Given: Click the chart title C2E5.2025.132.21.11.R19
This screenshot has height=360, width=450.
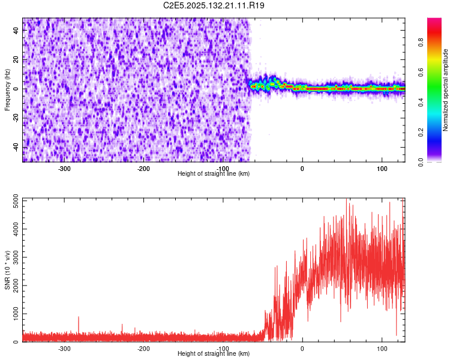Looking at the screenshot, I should pos(214,5).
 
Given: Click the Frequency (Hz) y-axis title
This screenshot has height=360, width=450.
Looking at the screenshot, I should pos(7,90).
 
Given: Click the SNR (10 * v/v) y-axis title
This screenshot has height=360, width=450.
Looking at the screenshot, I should pos(7,270).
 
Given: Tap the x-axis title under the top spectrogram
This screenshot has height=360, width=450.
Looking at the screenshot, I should pos(214,173).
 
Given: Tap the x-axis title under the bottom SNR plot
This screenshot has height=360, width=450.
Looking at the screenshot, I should pos(214,353).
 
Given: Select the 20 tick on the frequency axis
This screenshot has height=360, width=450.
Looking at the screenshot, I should pos(16,60).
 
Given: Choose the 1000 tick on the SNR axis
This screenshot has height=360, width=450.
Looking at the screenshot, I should pos(11,314).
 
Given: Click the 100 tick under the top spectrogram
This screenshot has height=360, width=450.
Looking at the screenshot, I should pos(382,168).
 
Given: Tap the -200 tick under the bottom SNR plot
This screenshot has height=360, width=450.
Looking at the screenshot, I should pos(143,348).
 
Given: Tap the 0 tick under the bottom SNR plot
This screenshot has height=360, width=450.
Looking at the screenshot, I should pos(302,348).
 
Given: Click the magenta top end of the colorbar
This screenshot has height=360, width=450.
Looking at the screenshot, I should pos(434,21).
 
